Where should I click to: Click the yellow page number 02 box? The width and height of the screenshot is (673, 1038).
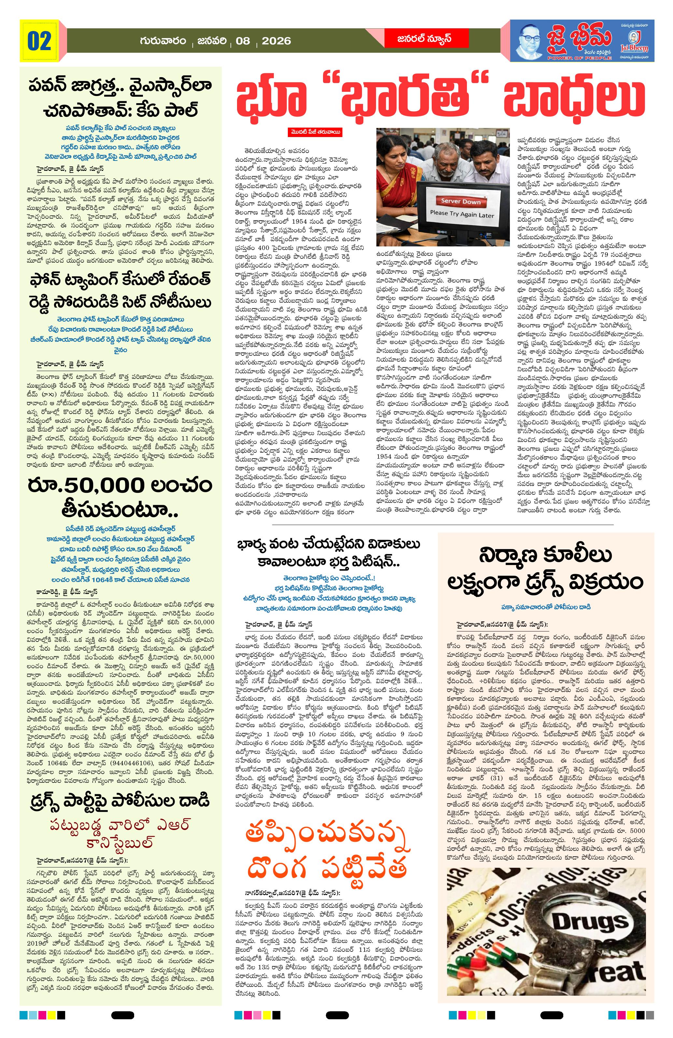pos(39,41)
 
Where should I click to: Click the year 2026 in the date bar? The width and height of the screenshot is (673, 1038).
pos(276,41)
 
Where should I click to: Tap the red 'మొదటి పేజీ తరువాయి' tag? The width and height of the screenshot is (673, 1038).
pos(317,132)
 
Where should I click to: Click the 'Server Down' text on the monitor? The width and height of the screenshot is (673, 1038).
pos(460,201)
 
